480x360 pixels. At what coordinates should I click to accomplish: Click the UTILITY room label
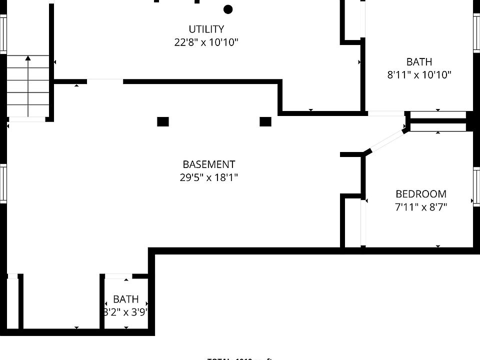click(206, 29)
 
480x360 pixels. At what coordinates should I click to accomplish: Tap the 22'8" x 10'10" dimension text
click(206, 42)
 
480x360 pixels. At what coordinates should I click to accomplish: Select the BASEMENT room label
click(208, 164)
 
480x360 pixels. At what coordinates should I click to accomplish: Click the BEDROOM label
click(420, 194)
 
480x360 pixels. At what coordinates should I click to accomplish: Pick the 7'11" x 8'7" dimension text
click(420, 207)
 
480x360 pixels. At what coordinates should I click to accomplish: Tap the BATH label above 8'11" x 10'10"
click(419, 62)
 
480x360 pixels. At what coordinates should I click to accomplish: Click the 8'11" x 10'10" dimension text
click(419, 75)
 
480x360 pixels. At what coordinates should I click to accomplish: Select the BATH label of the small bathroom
click(126, 299)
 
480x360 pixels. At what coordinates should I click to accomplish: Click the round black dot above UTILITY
click(228, 8)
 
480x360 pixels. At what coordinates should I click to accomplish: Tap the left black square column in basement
click(163, 121)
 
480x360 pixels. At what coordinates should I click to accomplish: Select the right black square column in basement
click(265, 121)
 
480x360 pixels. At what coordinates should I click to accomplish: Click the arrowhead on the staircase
click(28, 58)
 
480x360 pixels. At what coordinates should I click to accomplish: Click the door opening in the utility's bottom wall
click(105, 81)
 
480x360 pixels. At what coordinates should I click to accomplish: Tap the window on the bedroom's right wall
click(476, 186)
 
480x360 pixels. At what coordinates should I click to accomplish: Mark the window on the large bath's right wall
click(476, 32)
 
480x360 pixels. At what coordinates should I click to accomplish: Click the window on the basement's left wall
click(3, 183)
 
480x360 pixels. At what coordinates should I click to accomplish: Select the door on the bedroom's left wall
click(363, 222)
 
